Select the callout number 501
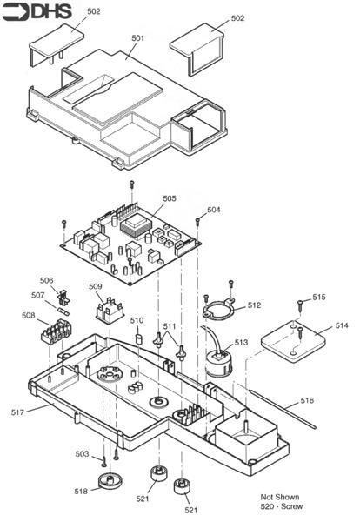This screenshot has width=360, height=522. pos(137,38)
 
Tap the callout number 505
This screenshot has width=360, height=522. pos(169,198)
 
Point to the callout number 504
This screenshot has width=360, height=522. pos(214,210)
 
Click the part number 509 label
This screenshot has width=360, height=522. pos(96,285)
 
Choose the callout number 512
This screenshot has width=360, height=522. pos(254,305)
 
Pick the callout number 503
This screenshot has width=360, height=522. pos(82,453)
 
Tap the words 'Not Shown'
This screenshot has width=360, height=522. pos(279,496)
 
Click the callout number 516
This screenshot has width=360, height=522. pos(308,400)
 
